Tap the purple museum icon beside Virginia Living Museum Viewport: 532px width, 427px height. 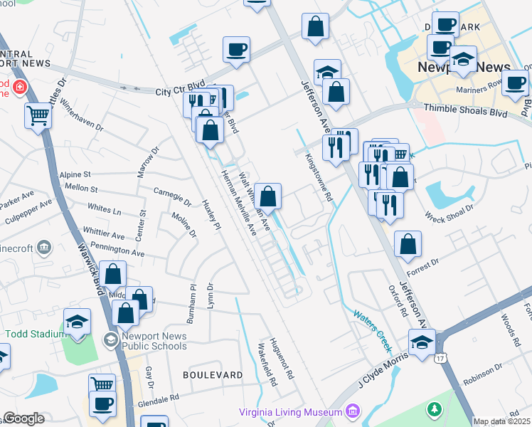point(352,411)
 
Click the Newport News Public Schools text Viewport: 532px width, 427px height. point(154,342)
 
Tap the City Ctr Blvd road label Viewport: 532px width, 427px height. point(175,92)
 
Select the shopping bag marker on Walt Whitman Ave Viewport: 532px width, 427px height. point(268,196)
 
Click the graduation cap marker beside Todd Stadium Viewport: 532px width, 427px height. point(77,321)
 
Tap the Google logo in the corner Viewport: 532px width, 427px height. point(23,419)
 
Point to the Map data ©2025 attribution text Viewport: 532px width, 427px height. point(501,421)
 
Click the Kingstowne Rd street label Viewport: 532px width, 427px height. point(319,178)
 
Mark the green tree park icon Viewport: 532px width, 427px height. point(433,410)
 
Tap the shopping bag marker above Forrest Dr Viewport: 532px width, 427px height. point(408,243)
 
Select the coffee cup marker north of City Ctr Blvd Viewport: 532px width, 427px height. point(236,50)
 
